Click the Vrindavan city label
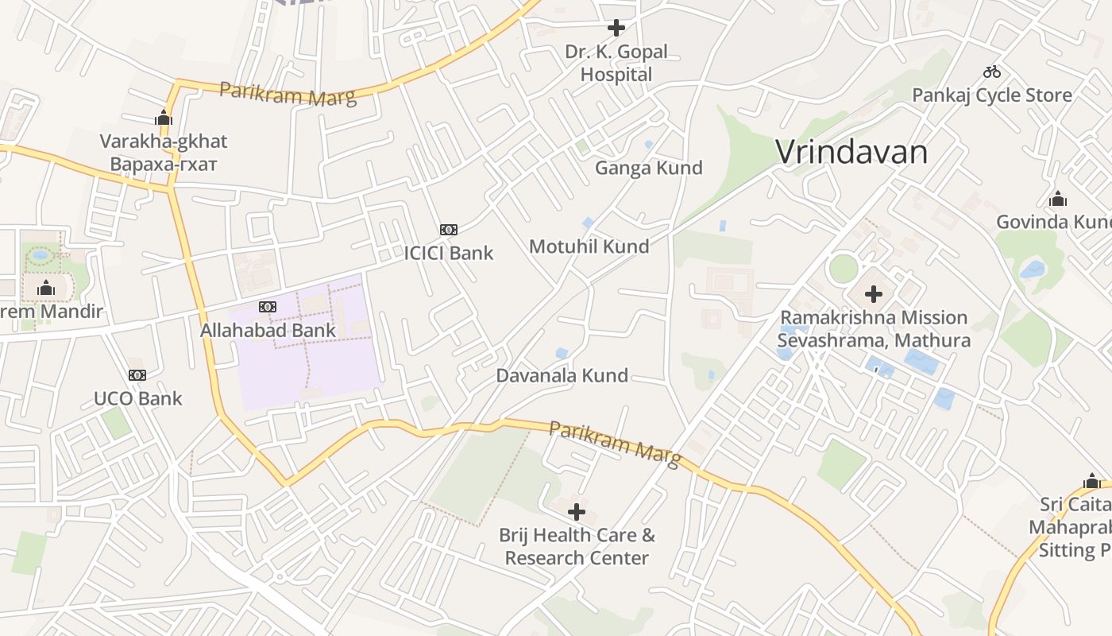pyautogui.click(x=851, y=152)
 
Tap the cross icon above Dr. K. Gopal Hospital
pyautogui.click(x=616, y=28)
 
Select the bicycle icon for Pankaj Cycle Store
pyautogui.click(x=992, y=72)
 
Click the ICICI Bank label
pyautogui.click(x=449, y=254)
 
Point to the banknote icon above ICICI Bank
pyautogui.click(x=449, y=230)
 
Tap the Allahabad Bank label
pyautogui.click(x=268, y=330)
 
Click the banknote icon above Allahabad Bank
pyautogui.click(x=268, y=307)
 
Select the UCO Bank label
pyautogui.click(x=138, y=398)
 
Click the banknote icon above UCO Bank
pyautogui.click(x=137, y=375)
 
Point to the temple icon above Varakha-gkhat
pyautogui.click(x=164, y=118)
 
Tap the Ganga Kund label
pyautogui.click(x=649, y=168)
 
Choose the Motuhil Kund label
pyautogui.click(x=589, y=246)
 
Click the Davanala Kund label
pyautogui.click(x=562, y=375)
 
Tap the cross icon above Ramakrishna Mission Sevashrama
pyautogui.click(x=874, y=294)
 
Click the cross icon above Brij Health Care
pyautogui.click(x=577, y=512)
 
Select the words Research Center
pyautogui.click(x=577, y=558)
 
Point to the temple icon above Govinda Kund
pyautogui.click(x=1057, y=199)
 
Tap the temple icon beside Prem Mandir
pyautogui.click(x=46, y=288)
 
